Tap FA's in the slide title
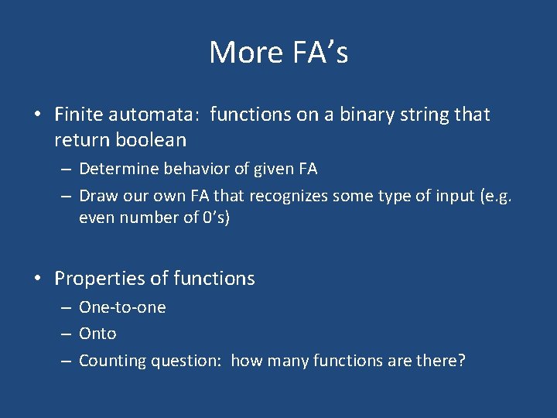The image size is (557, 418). pos(318,53)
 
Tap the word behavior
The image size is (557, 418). pos(195,169)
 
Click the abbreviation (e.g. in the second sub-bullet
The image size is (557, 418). pos(496,196)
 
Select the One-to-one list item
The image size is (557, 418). pos(122,307)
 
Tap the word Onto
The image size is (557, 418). pos(97,334)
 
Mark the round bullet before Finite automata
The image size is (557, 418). pos(37,115)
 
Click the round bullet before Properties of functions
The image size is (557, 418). pos(37,279)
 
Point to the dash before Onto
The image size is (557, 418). pos(67,334)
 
